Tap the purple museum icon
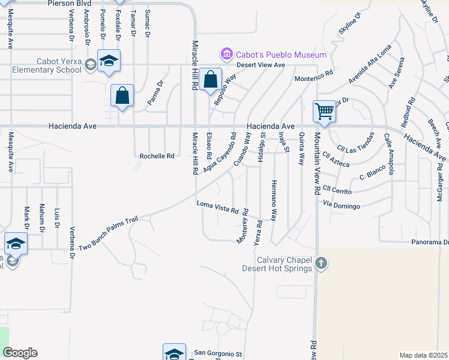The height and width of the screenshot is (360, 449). [226, 55]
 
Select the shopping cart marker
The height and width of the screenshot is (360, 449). [324, 111]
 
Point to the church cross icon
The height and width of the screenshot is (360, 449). [321, 263]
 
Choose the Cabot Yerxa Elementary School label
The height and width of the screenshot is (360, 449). [47, 65]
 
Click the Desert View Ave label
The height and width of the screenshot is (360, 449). [261, 65]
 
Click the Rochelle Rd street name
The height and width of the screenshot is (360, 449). [157, 156]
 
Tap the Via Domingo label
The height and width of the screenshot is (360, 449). [342, 206]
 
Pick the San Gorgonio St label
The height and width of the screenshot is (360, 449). [217, 354]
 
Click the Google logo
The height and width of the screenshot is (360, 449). [20, 353]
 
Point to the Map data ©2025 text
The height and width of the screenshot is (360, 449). [424, 355]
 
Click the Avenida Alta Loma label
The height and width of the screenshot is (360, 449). [370, 65]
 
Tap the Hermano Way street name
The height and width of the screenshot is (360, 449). [274, 201]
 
